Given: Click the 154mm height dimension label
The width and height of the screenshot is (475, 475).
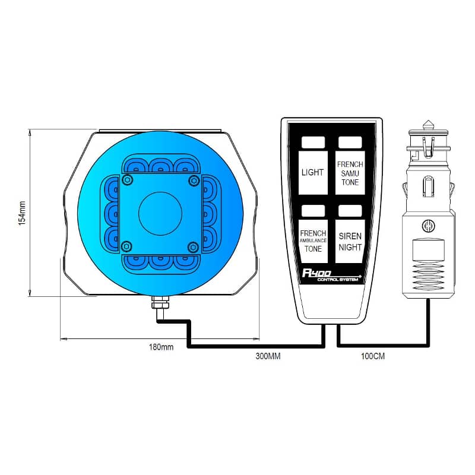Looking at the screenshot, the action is point(22,213).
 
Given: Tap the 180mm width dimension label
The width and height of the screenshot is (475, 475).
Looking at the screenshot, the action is point(161,347).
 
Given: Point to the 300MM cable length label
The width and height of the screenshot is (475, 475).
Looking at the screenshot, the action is point(268,356).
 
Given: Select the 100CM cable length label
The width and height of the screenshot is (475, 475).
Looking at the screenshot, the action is point(373,356).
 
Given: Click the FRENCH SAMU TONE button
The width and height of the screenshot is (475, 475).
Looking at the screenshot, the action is point(350,173).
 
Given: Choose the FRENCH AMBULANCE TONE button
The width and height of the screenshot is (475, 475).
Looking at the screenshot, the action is point(313,241).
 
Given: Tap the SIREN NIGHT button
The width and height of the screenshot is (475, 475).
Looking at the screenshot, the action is point(350,241).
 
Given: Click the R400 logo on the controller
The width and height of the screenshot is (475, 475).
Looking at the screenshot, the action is point(316,273).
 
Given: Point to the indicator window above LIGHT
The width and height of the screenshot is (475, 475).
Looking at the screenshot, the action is point(313,142).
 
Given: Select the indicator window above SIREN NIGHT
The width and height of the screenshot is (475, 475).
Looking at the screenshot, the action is point(350,211).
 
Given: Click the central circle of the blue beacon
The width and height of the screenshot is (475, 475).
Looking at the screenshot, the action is point(160,214).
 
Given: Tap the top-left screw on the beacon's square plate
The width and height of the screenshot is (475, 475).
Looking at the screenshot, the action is point(128,180).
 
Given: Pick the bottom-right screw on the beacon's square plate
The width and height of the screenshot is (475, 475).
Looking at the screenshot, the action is point(193,247).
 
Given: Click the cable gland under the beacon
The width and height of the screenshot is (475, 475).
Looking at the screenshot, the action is point(160,302).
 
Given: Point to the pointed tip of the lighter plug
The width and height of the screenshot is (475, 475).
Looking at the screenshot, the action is point(427,121).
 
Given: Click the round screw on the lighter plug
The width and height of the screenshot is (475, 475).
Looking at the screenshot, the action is point(428,226).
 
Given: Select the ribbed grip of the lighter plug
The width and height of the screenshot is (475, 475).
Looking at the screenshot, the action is point(428,275).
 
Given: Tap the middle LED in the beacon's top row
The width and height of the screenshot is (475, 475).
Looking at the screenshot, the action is point(161,166).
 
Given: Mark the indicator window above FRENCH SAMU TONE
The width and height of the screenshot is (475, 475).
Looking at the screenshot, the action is point(350,142).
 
